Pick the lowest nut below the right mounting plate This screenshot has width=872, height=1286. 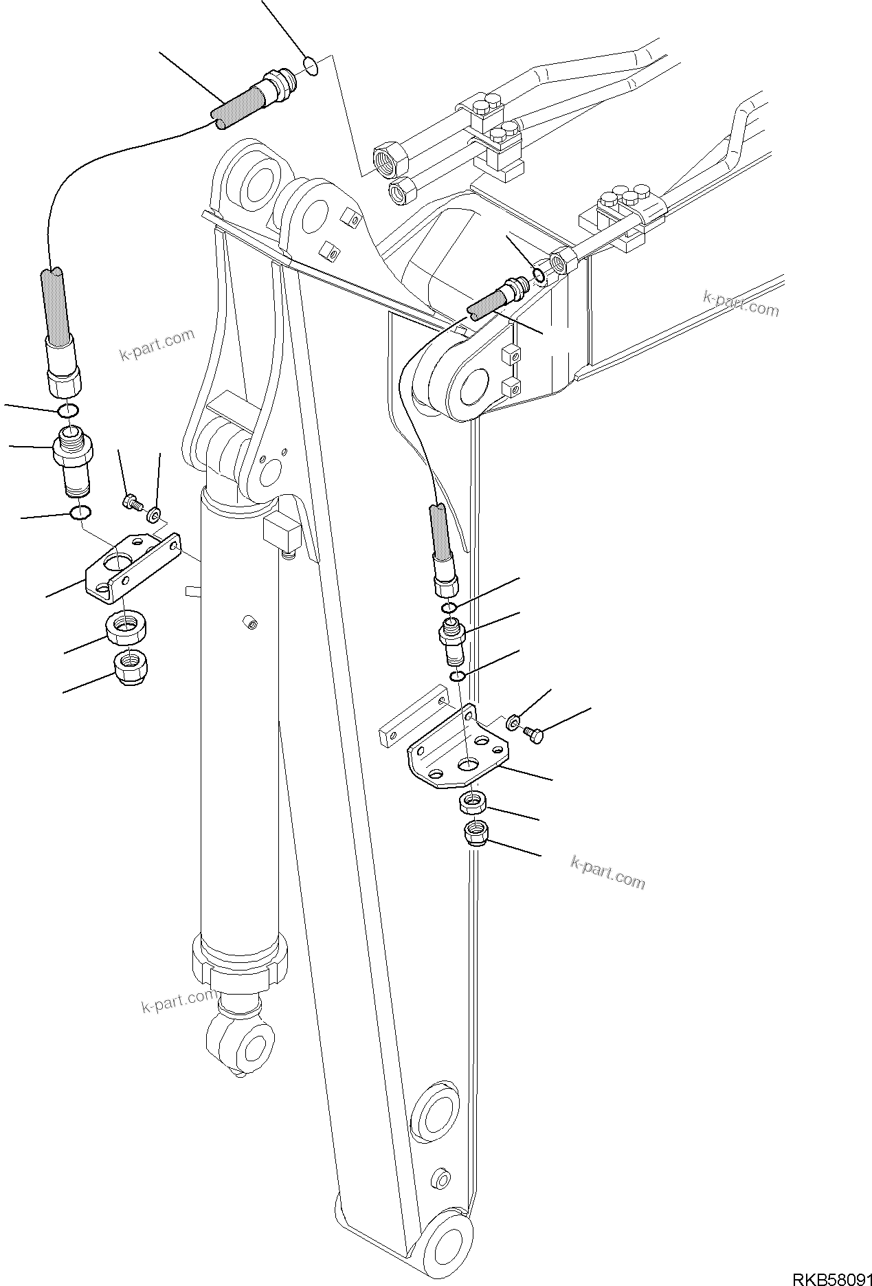pos(476,834)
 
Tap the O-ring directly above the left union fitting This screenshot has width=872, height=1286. pos(67,411)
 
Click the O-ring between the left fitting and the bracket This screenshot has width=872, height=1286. pos(81,513)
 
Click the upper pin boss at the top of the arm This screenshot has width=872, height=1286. pos(256,181)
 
